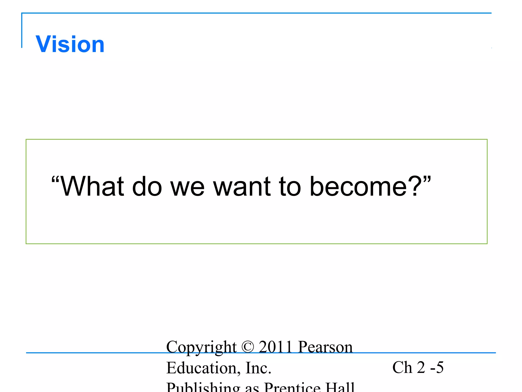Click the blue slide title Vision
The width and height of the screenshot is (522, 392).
point(70,44)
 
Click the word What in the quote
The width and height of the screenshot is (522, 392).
point(93,187)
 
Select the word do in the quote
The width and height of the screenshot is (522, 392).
point(147,187)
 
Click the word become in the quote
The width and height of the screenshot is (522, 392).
point(358,187)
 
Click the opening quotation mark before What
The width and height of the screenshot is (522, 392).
point(55,180)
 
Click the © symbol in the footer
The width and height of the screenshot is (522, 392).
point(248,347)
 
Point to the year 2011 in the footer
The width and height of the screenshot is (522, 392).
point(275,347)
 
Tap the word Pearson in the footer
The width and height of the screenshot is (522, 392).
point(325,347)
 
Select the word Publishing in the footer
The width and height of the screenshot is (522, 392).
point(203,387)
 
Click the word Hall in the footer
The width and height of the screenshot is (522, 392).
point(340,387)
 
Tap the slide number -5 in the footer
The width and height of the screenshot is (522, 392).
point(437,367)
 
